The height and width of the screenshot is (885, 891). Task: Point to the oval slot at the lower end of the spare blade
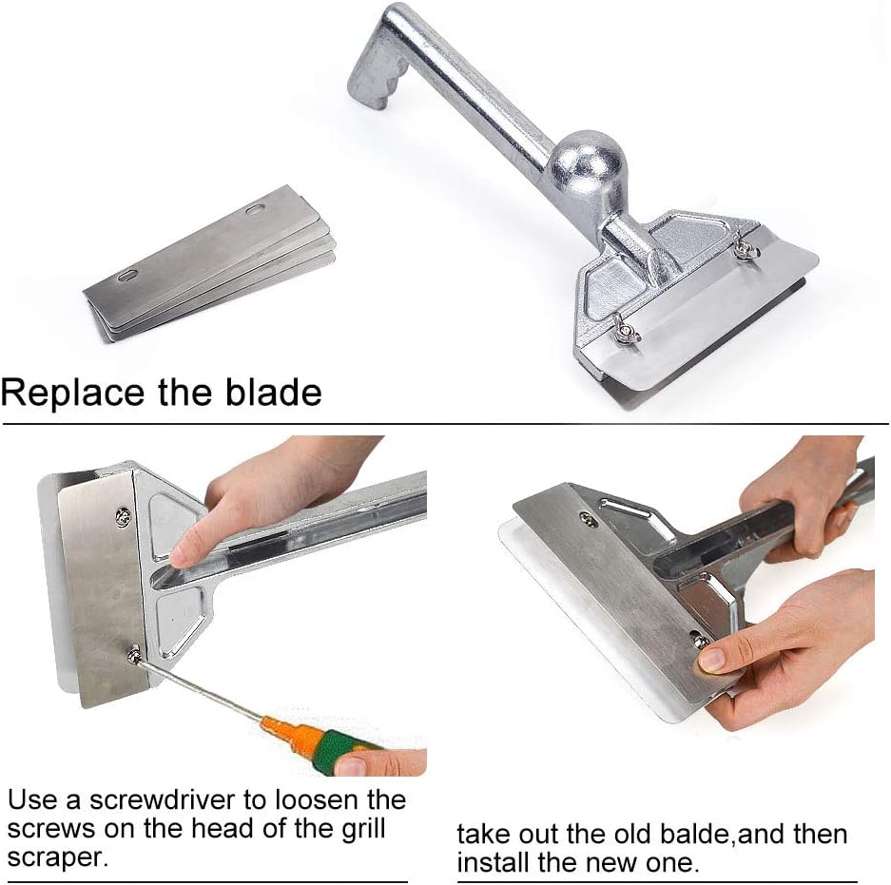coord(127,277)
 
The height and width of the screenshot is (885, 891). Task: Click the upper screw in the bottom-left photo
coord(123,515)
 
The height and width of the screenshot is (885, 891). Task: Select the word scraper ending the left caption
coord(57,858)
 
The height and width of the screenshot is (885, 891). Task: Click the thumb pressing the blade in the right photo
coord(721,654)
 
